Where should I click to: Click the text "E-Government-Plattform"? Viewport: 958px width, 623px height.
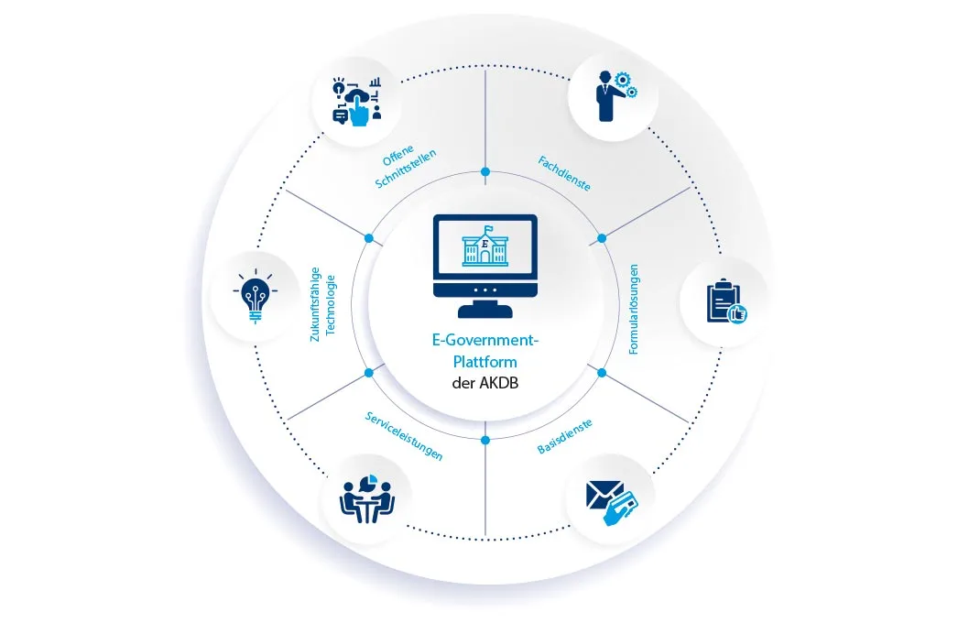(x=486, y=351)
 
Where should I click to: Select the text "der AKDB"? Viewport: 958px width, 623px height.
(x=485, y=383)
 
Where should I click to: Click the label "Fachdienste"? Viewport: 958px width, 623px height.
(x=562, y=172)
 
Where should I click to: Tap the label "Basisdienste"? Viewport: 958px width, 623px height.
(x=563, y=437)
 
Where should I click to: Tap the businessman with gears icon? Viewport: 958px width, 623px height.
(x=612, y=94)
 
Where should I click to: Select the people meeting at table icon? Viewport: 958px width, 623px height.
(x=366, y=497)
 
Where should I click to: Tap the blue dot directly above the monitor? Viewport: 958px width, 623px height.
(x=485, y=171)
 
